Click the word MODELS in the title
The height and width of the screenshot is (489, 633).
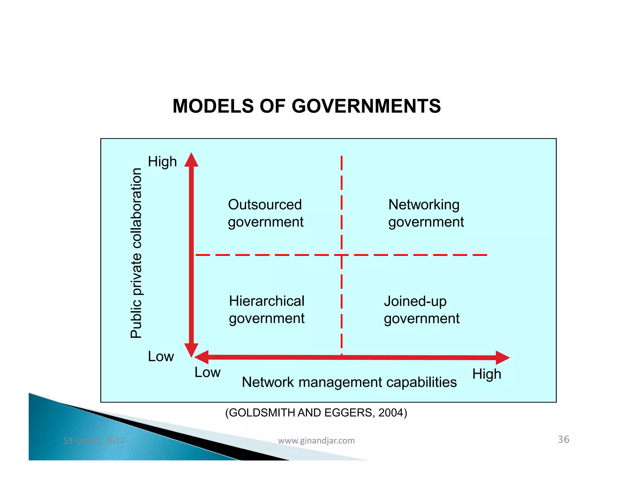(x=213, y=106)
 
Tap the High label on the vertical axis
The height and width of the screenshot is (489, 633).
(x=162, y=161)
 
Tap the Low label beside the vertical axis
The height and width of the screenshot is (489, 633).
(x=161, y=356)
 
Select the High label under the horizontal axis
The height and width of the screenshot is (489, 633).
(x=486, y=374)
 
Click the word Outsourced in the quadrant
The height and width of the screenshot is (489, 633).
(x=265, y=204)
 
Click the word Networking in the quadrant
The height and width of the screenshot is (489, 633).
(x=424, y=204)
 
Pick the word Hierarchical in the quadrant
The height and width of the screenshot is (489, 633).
(x=266, y=301)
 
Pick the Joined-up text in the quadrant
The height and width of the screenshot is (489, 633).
(x=415, y=301)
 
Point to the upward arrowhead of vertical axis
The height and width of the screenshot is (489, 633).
(x=191, y=160)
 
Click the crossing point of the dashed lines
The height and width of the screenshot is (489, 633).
(x=342, y=255)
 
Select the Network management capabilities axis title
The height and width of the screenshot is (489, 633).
(x=349, y=382)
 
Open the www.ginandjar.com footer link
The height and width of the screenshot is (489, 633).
(x=316, y=440)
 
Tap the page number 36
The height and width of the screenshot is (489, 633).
(x=563, y=439)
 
